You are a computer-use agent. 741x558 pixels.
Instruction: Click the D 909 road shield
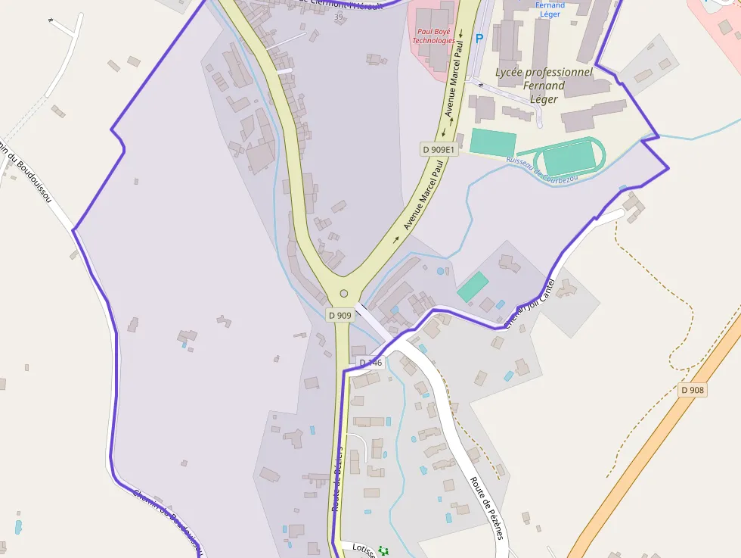tap(340, 314)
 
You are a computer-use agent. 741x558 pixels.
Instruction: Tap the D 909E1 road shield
tap(439, 150)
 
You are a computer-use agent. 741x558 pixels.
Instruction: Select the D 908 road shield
tap(692, 390)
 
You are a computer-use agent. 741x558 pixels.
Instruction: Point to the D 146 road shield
tap(371, 363)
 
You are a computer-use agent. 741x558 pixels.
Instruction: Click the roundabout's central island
tap(344, 293)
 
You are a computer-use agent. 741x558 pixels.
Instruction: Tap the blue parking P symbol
tap(479, 38)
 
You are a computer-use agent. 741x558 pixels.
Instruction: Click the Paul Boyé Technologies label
tap(434, 36)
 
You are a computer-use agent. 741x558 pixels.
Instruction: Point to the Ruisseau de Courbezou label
tap(542, 169)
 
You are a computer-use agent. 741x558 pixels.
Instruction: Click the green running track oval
tap(569, 157)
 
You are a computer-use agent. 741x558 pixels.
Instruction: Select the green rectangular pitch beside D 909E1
tap(493, 142)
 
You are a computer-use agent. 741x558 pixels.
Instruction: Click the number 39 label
tap(338, 17)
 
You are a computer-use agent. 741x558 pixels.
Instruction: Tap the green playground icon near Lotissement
tap(383, 550)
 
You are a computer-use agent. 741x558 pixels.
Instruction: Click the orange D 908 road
tap(650, 454)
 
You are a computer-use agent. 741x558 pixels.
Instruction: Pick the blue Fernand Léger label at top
tap(550, 10)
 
